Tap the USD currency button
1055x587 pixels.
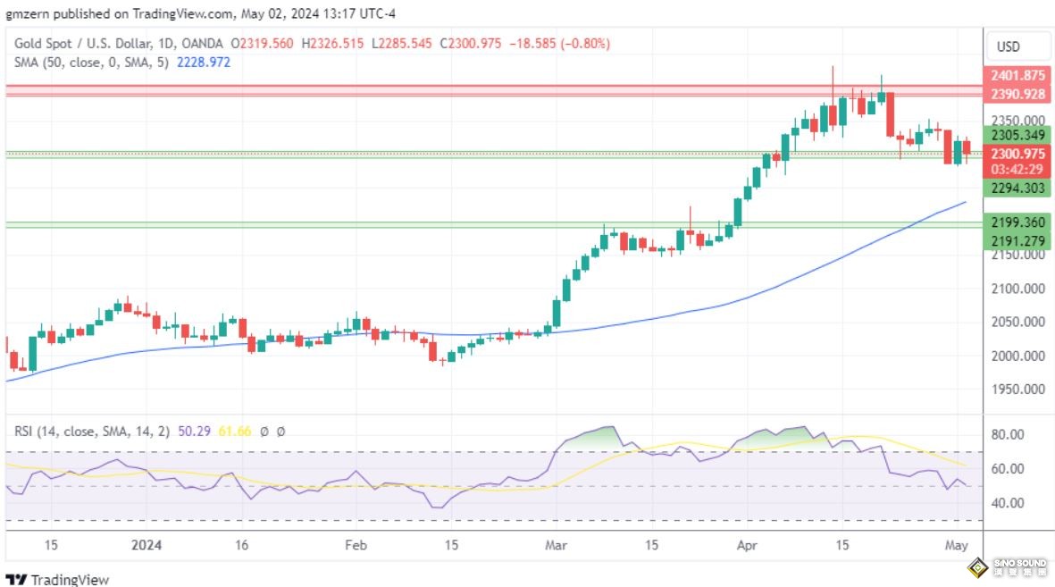click(1008, 46)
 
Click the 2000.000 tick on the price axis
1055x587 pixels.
click(1019, 356)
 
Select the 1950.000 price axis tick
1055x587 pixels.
click(1019, 390)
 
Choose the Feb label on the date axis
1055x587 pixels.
click(356, 545)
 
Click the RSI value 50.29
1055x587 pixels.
click(193, 431)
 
